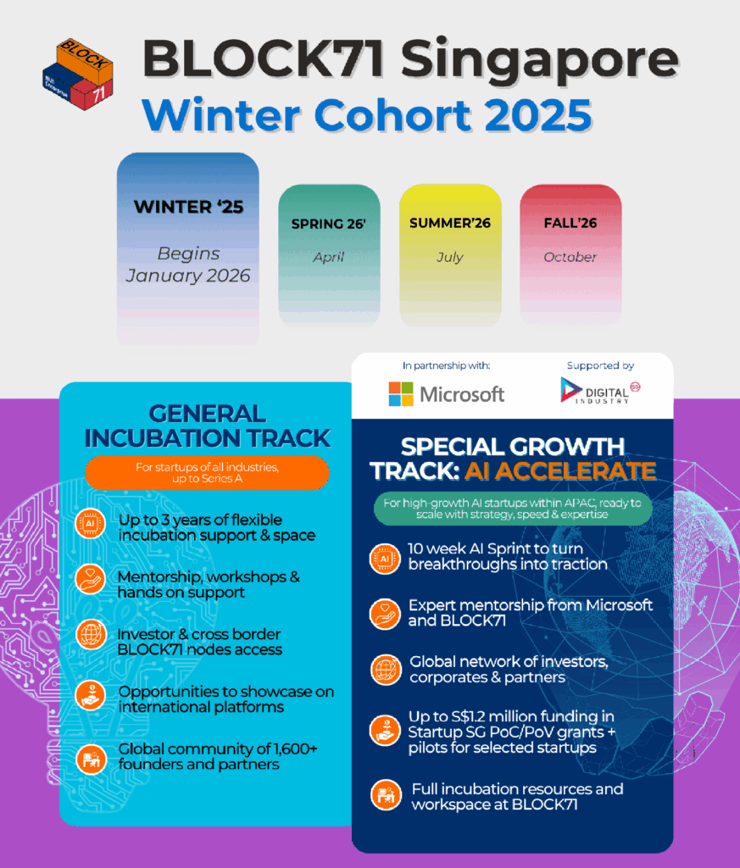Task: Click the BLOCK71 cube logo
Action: (78, 74)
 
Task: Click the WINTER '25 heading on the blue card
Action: (188, 207)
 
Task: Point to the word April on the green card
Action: (329, 257)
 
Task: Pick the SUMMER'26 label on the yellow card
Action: (450, 223)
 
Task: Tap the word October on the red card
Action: (570, 257)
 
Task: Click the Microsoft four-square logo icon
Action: (401, 394)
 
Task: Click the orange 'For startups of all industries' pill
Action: (207, 473)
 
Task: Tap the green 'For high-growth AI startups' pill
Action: (513, 509)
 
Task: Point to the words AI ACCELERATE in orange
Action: (560, 471)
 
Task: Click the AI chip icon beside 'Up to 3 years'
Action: (90, 524)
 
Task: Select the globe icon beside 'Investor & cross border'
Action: (91, 635)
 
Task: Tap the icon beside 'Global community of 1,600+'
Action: (91, 759)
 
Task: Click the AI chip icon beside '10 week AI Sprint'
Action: (385, 559)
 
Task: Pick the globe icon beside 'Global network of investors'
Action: (385, 670)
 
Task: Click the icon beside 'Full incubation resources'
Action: (385, 795)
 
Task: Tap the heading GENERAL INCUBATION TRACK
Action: (207, 426)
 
